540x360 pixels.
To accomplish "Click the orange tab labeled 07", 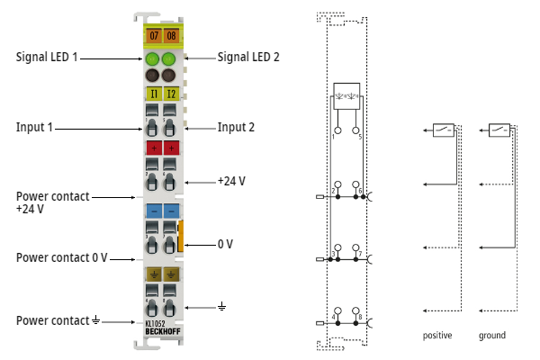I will click(153, 37).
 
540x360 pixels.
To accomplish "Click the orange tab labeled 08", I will click(171, 37).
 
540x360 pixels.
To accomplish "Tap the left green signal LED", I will click(153, 59).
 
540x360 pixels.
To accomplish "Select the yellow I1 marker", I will click(153, 93).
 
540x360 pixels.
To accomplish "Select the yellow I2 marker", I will click(171, 93).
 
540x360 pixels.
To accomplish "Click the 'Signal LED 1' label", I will click(48, 57).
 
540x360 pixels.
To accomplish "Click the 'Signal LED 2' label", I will click(248, 57).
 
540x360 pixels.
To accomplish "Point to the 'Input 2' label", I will click(236, 127).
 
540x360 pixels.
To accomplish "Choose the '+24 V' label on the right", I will click(231, 181).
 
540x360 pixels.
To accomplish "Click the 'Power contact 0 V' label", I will click(62, 257).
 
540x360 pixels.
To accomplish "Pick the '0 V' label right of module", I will click(225, 244).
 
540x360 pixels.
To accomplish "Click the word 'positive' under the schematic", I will click(437, 336).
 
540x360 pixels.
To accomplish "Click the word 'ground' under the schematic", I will click(492, 336).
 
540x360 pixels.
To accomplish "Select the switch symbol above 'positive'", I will click(444, 130).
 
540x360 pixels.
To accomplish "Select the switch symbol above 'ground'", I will click(499, 130).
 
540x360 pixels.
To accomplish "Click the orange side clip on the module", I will click(182, 235).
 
